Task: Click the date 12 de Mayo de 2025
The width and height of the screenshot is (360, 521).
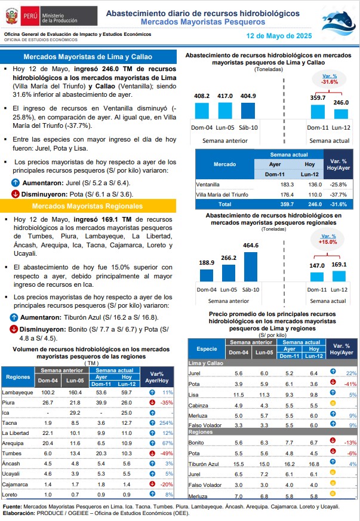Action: tap(279, 36)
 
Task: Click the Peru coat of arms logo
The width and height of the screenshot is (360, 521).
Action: tap(11, 16)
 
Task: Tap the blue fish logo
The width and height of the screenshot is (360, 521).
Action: tap(339, 22)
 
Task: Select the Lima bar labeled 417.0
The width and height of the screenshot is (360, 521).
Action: tap(225, 111)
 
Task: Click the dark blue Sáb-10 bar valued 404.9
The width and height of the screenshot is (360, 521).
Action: tap(248, 111)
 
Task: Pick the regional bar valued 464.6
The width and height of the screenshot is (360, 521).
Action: tap(251, 267)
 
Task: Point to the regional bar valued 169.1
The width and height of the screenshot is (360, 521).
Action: tap(339, 276)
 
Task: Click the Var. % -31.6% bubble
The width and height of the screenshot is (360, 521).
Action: tap(329, 79)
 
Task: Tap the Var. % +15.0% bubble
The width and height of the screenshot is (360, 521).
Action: tap(327, 239)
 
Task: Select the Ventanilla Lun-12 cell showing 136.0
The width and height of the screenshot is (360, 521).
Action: tap(315, 185)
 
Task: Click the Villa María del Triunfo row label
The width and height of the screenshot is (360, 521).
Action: tap(222, 195)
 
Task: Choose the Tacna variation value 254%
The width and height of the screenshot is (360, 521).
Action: tap(166, 423)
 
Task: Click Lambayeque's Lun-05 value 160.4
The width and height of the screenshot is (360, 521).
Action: tap(75, 393)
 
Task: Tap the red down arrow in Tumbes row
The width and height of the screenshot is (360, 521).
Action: tap(152, 453)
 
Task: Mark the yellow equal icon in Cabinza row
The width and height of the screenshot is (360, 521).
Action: tap(333, 403)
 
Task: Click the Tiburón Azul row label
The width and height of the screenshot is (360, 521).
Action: tap(204, 464)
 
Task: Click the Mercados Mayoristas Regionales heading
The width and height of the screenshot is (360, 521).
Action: tap(87, 206)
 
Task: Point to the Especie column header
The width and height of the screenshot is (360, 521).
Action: tap(207, 349)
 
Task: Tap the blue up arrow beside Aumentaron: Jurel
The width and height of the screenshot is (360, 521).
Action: tap(16, 182)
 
